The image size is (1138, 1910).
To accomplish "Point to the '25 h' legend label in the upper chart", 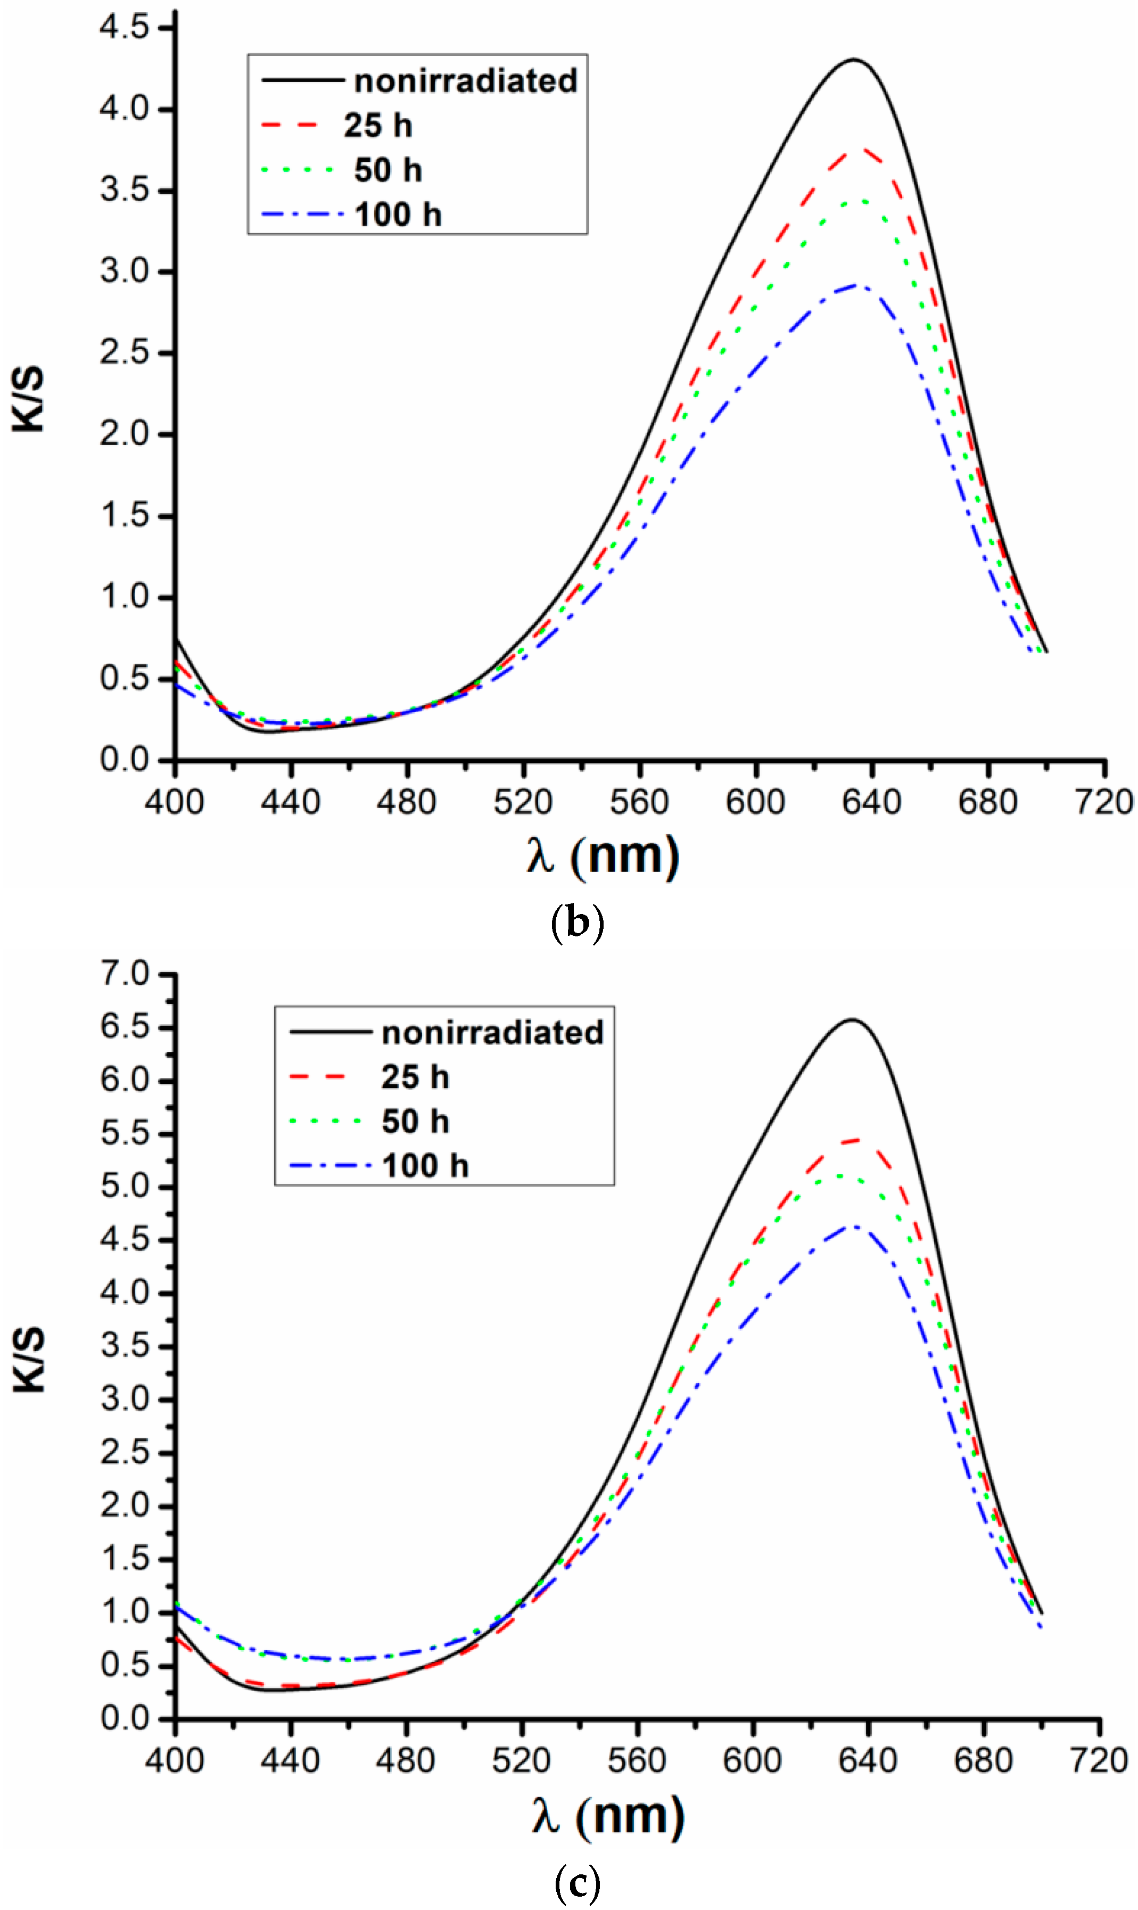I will (x=378, y=126).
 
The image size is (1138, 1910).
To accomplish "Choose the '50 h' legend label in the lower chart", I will (x=415, y=1122).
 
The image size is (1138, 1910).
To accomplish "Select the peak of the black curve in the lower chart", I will (x=851, y=1020).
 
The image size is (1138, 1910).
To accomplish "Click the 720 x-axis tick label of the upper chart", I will (x=1105, y=803).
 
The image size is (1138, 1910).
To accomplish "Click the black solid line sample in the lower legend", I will (x=331, y=1032).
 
